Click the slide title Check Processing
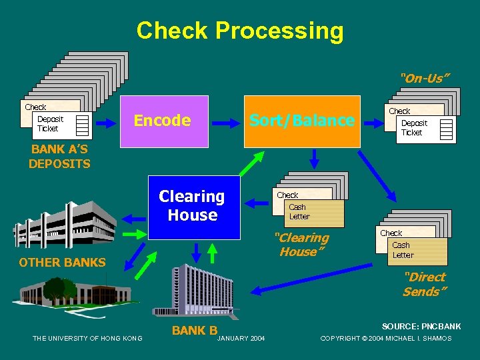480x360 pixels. [240, 31]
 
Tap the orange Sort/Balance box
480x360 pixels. [301, 121]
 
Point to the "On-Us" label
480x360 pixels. [425, 79]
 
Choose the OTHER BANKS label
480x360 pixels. [62, 263]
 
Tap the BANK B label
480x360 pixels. [195, 330]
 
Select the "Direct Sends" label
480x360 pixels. [424, 285]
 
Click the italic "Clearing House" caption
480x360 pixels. [303, 245]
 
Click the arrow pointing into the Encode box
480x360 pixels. [111, 121]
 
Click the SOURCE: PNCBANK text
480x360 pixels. [421, 327]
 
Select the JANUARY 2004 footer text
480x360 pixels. [241, 339]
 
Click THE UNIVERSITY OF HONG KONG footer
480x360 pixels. [87, 339]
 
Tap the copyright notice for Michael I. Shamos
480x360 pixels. [386, 339]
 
